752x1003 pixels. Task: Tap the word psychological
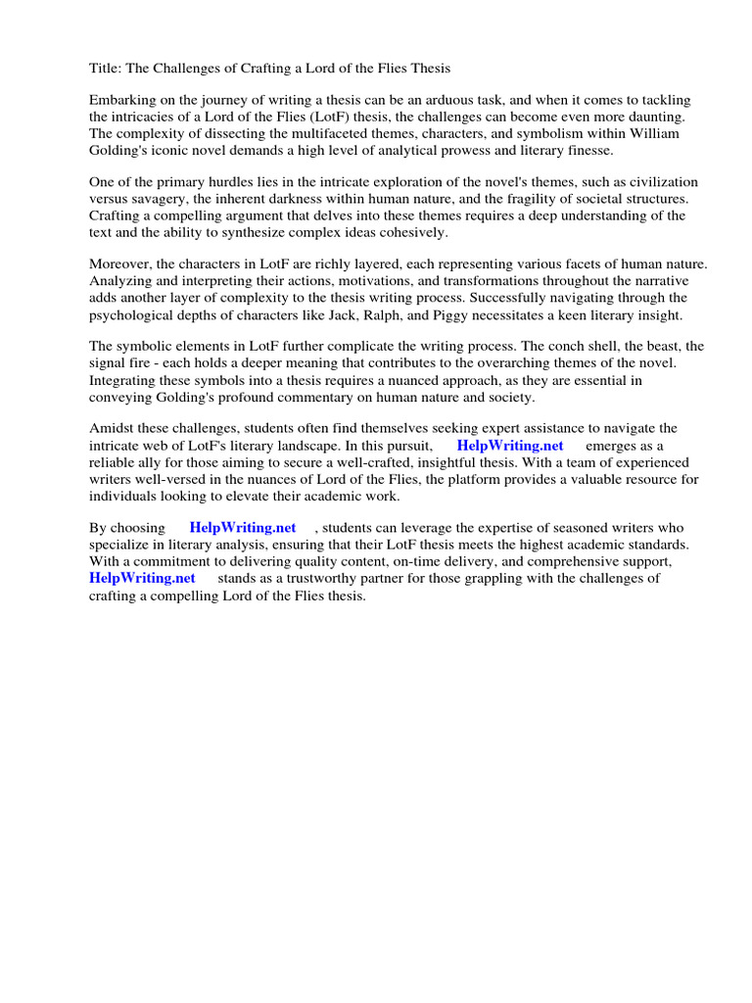coord(136,314)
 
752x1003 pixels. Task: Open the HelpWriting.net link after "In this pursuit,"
coord(509,446)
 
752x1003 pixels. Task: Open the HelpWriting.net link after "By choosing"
coord(243,528)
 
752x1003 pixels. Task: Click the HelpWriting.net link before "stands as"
coord(142,578)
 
